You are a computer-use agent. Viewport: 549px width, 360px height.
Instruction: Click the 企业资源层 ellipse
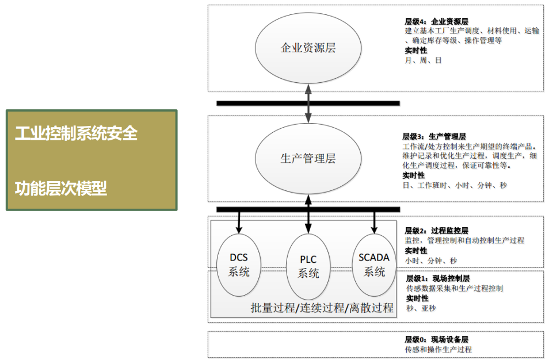(x=308, y=48)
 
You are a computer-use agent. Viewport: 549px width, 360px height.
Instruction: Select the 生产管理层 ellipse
(x=308, y=159)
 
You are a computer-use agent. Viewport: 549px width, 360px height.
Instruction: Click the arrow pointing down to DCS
(x=239, y=221)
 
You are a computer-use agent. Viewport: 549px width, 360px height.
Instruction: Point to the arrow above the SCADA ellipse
(x=374, y=221)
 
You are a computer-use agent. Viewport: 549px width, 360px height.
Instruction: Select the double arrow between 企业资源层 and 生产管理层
(x=308, y=104)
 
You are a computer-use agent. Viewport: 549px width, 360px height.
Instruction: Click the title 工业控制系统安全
(x=77, y=133)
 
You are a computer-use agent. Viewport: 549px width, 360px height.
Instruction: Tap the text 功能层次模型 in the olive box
(x=61, y=188)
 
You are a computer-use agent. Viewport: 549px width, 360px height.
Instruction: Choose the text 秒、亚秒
(x=421, y=308)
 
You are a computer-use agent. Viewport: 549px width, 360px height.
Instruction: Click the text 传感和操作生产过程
(x=438, y=349)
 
